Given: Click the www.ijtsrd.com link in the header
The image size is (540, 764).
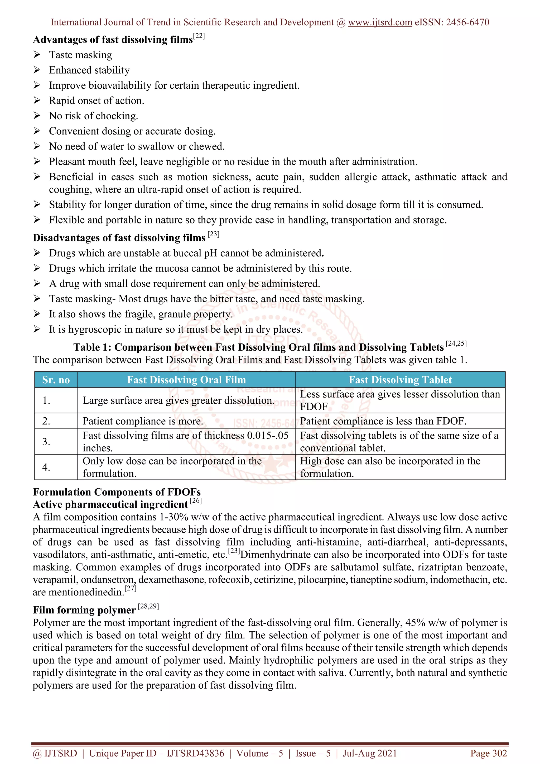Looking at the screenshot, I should click(x=380, y=22).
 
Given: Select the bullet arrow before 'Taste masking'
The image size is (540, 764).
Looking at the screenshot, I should click(x=37, y=55).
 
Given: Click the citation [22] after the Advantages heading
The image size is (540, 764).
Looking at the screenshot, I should click(x=199, y=36).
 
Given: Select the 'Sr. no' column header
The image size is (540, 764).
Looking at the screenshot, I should click(x=56, y=380).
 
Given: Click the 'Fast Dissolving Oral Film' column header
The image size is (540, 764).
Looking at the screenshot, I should click(x=186, y=380).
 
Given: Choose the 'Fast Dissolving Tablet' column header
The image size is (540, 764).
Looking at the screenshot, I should click(x=400, y=380).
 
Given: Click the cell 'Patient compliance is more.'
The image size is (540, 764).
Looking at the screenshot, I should click(x=143, y=421).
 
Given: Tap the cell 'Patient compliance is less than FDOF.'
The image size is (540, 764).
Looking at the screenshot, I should click(x=383, y=421).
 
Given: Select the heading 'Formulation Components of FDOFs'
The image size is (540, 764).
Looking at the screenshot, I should click(x=117, y=492).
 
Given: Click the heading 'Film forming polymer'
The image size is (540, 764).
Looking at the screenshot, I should click(x=84, y=610).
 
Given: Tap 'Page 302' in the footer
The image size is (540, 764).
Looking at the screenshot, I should click(x=488, y=753).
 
